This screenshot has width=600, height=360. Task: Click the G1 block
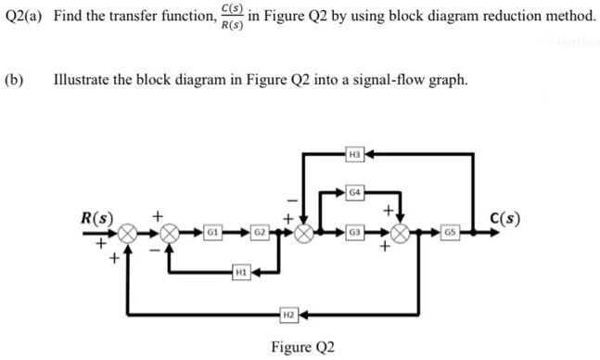point(212,231)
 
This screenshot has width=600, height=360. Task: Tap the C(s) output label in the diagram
point(504,220)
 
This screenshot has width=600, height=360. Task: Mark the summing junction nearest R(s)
point(126,231)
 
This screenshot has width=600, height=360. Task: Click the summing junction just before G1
point(170,231)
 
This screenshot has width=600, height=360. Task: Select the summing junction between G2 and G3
point(303,231)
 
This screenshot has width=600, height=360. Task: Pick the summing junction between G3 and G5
point(401,231)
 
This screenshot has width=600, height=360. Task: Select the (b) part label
point(14,80)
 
